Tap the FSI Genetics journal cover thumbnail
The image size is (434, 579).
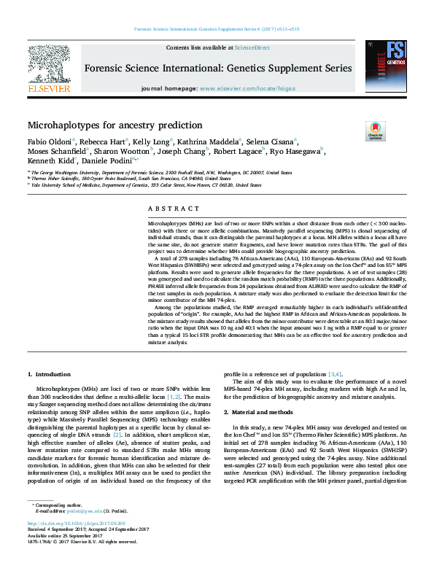point(385,67)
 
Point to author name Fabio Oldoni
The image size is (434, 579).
point(49,141)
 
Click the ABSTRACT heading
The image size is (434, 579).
point(167,208)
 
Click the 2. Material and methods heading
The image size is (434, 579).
point(263,412)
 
